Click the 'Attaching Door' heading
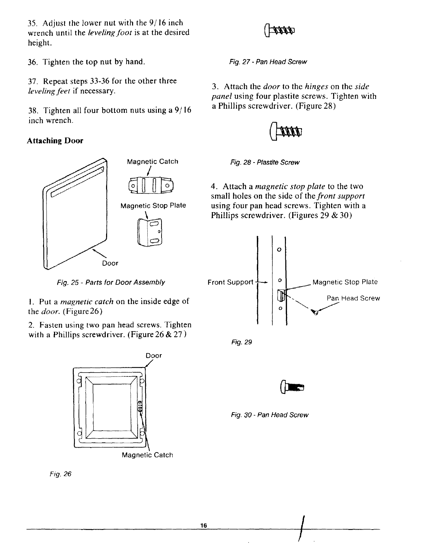(x=55, y=141)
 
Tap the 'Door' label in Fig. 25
(x=110, y=263)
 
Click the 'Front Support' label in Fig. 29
(x=231, y=282)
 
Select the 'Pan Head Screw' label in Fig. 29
(x=353, y=298)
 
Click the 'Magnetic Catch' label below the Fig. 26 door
(x=147, y=455)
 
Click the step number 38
(x=32, y=110)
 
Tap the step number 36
(x=32, y=62)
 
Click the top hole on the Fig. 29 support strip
(x=279, y=250)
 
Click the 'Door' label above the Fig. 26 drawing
(x=154, y=356)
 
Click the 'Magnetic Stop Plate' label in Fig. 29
(x=345, y=282)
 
